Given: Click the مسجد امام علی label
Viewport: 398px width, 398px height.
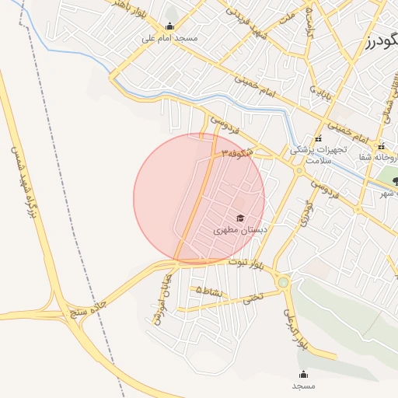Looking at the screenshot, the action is coord(169,37).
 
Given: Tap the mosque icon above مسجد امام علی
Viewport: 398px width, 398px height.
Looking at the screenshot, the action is coord(169,26).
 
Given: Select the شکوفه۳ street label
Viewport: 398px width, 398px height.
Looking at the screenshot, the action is coord(236,153).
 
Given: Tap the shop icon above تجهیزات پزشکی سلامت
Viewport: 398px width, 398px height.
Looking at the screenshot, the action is coord(318,138).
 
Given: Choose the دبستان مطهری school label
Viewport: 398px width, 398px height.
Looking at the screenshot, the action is coord(240,230).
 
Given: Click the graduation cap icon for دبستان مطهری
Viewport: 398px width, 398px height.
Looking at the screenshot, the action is coord(240,218).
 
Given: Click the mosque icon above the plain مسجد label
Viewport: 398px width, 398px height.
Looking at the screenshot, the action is coord(303,374).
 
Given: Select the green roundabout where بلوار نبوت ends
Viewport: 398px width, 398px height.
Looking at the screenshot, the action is coord(283,282).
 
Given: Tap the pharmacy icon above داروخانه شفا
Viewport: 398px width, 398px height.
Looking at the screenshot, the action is coord(381,146).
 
